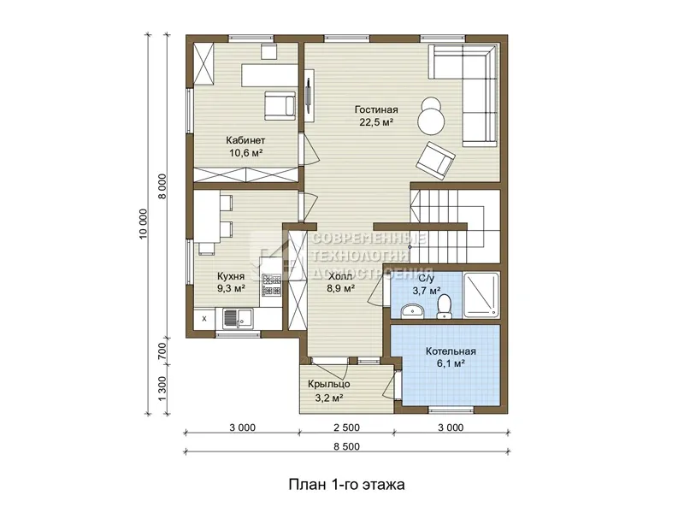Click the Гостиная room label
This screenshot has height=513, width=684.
(376, 110)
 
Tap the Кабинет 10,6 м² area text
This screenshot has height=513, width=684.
(245, 153)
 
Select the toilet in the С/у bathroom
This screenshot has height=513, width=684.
(444, 306)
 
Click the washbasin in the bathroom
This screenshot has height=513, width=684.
(412, 311)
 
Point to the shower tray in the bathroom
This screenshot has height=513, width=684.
(481, 295)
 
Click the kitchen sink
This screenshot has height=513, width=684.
(239, 319)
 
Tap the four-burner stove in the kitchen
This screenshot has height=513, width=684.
(271, 285)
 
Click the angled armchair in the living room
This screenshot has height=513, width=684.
(435, 161)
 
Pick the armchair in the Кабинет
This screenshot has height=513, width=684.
(280, 105)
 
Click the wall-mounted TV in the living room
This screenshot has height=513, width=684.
(309, 96)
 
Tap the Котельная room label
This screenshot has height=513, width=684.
(451, 351)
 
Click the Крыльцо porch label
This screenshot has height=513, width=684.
(329, 384)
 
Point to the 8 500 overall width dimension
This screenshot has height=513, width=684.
(347, 446)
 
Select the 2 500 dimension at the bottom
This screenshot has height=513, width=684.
(347, 428)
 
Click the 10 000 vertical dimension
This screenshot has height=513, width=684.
(144, 224)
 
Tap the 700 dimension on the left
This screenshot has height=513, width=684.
(162, 351)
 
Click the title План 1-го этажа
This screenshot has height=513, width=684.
(347, 485)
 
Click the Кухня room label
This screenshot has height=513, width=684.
(231, 276)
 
